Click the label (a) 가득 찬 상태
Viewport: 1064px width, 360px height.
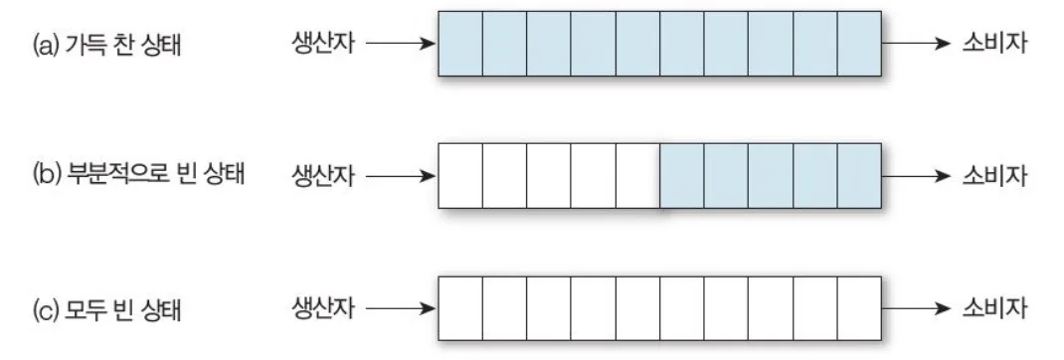[106, 46]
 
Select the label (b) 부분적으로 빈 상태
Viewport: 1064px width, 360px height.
[138, 176]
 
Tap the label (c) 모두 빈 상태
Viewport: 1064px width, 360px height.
[106, 310]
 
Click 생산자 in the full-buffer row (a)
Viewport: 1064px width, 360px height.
[323, 44]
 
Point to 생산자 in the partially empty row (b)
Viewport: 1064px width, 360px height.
[323, 177]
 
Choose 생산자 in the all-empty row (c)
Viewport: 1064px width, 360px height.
[323, 309]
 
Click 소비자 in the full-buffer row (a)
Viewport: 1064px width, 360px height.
[994, 44]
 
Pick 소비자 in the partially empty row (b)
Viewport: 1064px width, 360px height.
[994, 177]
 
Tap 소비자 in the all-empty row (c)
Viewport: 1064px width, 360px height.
[994, 309]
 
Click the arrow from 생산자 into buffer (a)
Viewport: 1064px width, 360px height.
[401, 44]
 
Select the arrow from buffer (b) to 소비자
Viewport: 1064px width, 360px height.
[916, 177]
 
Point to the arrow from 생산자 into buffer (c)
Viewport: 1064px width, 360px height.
[401, 309]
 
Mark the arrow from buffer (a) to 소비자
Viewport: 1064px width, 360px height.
[916, 44]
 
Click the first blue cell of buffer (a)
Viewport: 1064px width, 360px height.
[460, 44]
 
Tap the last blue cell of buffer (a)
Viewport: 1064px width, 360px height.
[860, 44]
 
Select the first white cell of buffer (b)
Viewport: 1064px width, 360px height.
[460, 176]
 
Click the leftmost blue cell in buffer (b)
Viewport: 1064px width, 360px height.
[682, 176]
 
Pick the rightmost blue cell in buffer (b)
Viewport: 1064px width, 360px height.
[860, 176]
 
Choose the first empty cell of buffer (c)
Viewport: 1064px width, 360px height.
[460, 308]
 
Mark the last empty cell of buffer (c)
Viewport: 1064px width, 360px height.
[860, 308]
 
